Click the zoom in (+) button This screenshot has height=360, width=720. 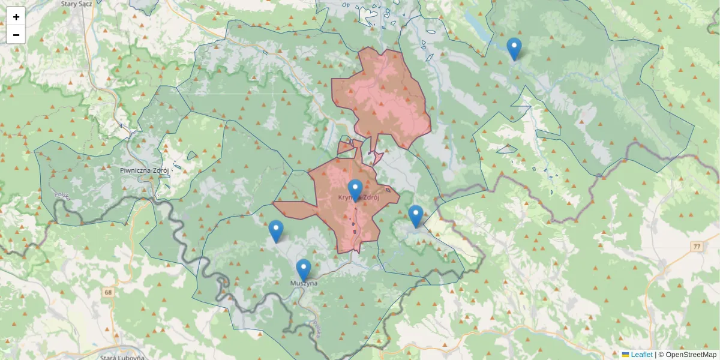coord(16,17)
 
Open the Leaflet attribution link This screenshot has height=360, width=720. coord(641,355)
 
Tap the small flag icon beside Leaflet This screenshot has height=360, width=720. coord(625,355)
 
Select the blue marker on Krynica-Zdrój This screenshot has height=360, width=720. coord(355,190)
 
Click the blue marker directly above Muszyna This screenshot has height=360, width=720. coord(304,270)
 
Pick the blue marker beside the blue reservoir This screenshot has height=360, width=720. coord(514,49)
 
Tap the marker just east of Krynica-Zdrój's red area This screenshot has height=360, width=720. coord(415,216)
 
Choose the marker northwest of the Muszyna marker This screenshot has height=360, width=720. coord(275,231)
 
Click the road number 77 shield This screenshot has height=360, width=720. coord(697,246)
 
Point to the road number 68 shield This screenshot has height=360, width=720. coord(108,292)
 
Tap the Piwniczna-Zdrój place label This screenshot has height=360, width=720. coord(144,170)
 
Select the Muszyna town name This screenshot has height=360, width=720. coord(303,283)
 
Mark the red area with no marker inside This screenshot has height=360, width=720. coord(384,96)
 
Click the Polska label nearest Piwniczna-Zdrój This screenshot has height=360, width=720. coord(62,196)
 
